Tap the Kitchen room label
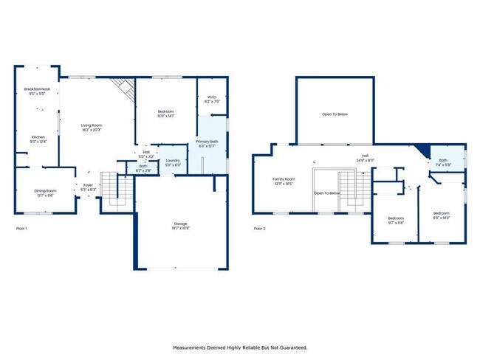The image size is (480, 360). pyautogui.click(x=38, y=137)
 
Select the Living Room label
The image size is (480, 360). pyautogui.click(x=92, y=126)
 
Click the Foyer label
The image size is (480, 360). pyautogui.click(x=87, y=187)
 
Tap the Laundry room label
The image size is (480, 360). pyautogui.click(x=173, y=162)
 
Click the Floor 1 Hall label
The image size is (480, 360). pyautogui.click(x=147, y=155)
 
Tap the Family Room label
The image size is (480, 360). pyautogui.click(x=284, y=180)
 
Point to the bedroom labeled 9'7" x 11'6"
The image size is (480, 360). pyautogui.click(x=396, y=220)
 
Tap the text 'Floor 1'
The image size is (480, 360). pyautogui.click(x=22, y=229)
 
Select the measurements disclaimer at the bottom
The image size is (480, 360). pyautogui.click(x=240, y=347)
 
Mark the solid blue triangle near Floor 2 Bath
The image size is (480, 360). pyautogui.click(x=423, y=150)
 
